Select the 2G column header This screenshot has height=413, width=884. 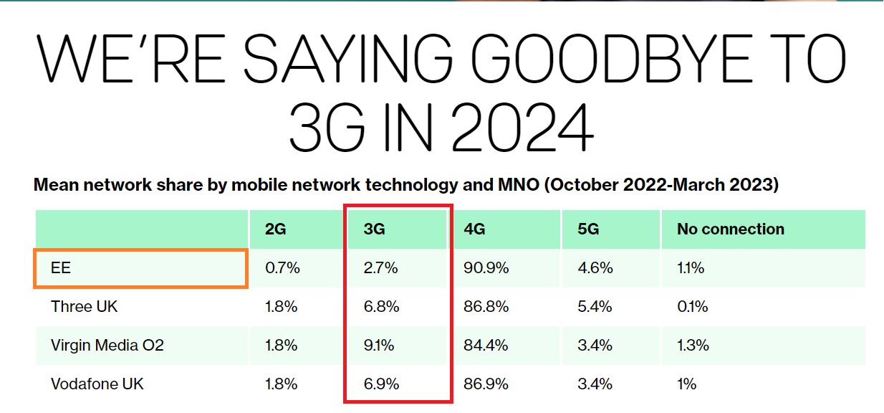click(275, 229)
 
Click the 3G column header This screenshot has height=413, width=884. click(375, 229)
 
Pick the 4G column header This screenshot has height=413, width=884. click(475, 229)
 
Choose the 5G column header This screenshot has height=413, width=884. click(588, 229)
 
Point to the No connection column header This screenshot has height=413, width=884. click(730, 229)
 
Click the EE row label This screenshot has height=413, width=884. click(61, 268)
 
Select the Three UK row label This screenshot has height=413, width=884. click(84, 307)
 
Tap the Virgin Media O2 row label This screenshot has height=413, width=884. click(107, 345)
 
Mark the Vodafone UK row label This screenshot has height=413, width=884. click(97, 384)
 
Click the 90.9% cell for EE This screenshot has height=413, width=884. click(486, 268)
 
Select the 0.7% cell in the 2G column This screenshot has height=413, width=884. click(282, 268)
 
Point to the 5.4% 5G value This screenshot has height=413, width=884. click(595, 307)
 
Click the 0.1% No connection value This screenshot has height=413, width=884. click(692, 307)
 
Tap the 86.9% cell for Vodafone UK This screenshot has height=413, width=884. click(486, 384)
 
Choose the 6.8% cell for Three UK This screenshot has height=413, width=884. click(381, 307)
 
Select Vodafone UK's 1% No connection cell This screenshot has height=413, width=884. click(686, 384)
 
